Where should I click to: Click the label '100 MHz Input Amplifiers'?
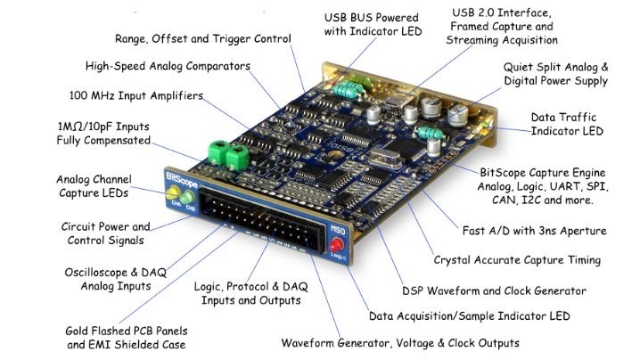click(x=135, y=95)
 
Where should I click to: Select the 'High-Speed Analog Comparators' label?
click(x=168, y=66)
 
